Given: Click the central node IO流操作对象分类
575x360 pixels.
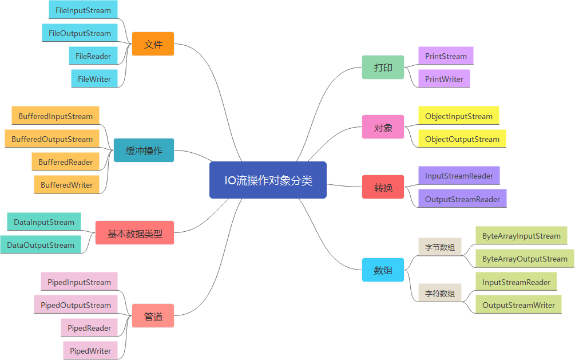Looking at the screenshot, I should coord(268,180).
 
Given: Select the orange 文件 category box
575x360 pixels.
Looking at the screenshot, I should coord(153,44).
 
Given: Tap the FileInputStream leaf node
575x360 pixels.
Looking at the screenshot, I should coord(84,10).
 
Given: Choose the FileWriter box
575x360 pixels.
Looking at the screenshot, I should coord(94,79).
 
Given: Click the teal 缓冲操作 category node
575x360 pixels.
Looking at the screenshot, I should coord(144,151).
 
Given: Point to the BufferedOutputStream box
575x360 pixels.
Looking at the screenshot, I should coord(52,139).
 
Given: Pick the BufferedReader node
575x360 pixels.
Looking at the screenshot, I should coord(66,162).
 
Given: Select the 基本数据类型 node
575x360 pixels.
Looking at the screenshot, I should coord(134,233).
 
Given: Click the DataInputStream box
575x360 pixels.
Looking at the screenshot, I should coord(44,222).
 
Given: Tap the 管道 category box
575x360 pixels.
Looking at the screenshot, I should coord(153,316).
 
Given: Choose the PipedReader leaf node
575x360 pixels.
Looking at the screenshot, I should coord(89,328).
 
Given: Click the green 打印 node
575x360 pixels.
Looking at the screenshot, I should coord(383,68).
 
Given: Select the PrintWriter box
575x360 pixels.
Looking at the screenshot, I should coord(444,79).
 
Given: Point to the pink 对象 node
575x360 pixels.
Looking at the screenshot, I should coord(383,127).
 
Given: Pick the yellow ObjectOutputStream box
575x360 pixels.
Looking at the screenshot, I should coord(462,139).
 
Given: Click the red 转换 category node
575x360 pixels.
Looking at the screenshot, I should coord(383,187).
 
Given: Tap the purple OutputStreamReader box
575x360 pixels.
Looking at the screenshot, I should coord(462,199).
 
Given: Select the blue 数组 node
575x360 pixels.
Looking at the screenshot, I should coord(383,270).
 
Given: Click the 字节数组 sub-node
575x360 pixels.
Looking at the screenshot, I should coord(439,247).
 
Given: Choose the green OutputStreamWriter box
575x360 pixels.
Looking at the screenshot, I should coord(518,305).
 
